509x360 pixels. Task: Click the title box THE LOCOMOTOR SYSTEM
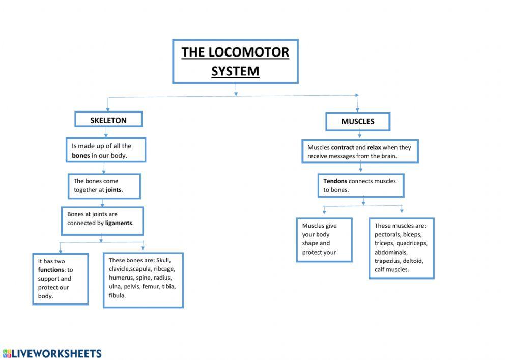pos(235,61)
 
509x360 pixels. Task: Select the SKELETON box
pos(108,120)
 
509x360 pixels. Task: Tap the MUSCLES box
pos(358,121)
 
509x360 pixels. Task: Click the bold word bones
pos(81,155)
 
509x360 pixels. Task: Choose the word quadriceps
pos(411,243)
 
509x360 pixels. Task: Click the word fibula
pos(117,295)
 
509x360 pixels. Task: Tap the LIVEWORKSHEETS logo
pos(52,353)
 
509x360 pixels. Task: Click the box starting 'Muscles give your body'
pos(324,239)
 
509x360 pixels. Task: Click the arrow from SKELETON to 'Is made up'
pos(105,132)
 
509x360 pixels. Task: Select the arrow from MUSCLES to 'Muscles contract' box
pos(360,134)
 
